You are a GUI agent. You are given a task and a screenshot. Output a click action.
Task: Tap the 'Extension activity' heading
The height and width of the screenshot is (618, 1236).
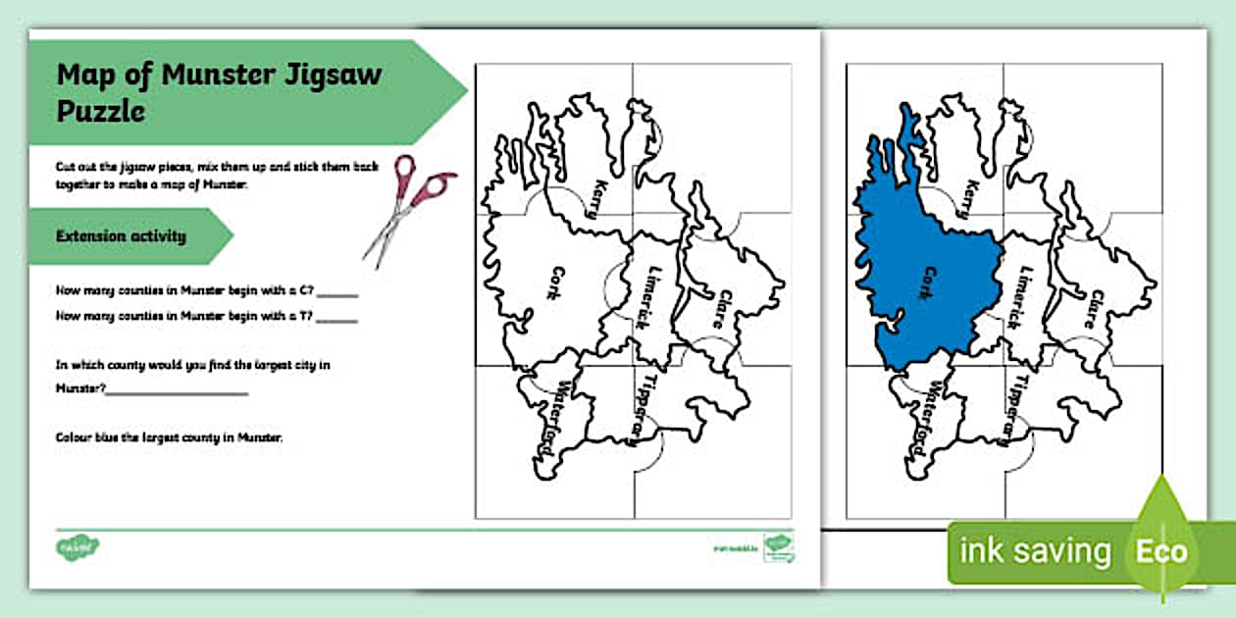coord(121,236)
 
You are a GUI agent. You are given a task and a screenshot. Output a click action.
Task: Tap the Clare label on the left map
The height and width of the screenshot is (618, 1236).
coord(727,309)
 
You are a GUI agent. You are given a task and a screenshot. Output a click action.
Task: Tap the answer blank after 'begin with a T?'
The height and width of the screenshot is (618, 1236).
coord(337,319)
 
